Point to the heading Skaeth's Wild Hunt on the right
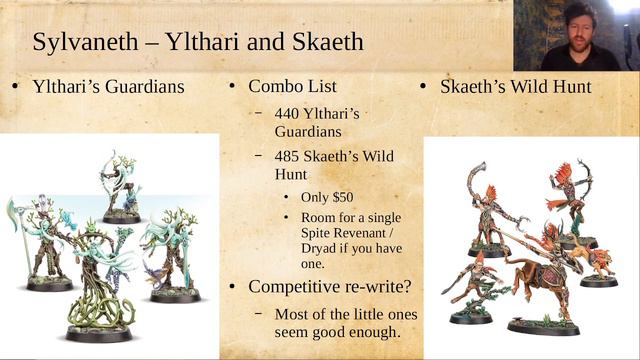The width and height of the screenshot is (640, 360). [x=515, y=86]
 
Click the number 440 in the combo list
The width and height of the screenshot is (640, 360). [x=290, y=113]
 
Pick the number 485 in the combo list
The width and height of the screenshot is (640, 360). [x=290, y=157]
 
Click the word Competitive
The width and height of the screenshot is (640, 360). [x=298, y=288]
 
